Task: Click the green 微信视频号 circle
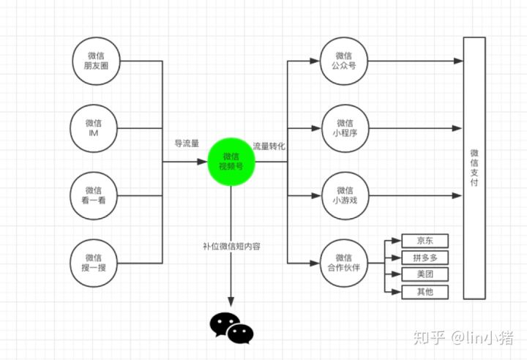[x=231, y=162]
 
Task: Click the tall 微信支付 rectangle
[x=474, y=168]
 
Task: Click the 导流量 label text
[x=186, y=143]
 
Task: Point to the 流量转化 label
[x=269, y=146]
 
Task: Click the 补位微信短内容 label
[x=232, y=245]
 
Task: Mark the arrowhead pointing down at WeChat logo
[x=231, y=302]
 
